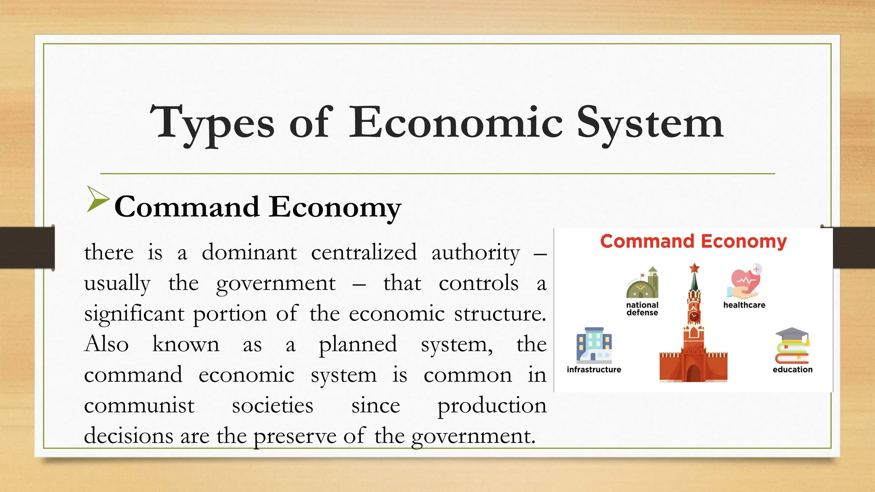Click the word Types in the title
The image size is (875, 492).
(x=212, y=124)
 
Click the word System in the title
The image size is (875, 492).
(x=650, y=124)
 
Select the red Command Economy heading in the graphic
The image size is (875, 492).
(x=693, y=242)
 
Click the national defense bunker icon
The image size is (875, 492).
(x=643, y=284)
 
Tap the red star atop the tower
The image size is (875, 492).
(x=694, y=268)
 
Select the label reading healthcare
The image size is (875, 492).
(x=744, y=305)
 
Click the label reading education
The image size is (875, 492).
(x=793, y=370)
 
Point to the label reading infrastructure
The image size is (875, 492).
(x=594, y=370)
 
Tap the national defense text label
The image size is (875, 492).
(x=642, y=309)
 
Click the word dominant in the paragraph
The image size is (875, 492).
(x=249, y=252)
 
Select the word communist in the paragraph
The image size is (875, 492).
(x=139, y=405)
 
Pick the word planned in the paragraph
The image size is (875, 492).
(x=358, y=344)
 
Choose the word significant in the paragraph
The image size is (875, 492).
(x=133, y=314)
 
